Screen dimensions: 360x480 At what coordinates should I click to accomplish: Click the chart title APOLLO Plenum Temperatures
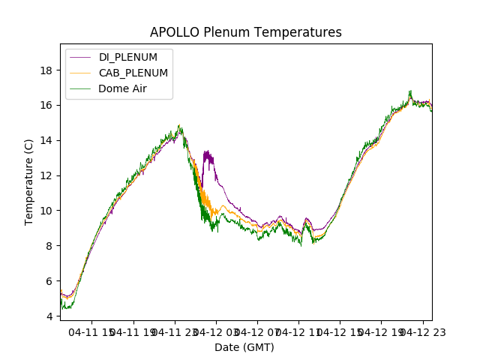(x=245, y=32)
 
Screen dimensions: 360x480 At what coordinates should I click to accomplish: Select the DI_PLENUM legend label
(x=127, y=57)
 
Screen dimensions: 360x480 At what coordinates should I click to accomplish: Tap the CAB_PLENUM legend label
(x=133, y=73)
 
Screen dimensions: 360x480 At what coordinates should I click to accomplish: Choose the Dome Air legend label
(x=123, y=88)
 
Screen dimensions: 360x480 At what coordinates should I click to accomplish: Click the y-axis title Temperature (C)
(x=29, y=181)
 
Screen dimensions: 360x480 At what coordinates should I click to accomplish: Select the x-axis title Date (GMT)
(x=244, y=347)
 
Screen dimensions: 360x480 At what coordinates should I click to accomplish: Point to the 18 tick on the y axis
(x=46, y=70)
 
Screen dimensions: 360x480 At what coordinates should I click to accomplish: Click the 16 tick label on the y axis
(x=46, y=105)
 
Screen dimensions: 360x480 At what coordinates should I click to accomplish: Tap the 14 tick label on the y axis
(x=46, y=140)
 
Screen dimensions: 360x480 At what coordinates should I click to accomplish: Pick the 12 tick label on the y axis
(x=46, y=175)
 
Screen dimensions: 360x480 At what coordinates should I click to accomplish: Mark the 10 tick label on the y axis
(x=46, y=211)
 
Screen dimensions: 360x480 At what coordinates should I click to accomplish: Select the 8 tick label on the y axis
(x=49, y=246)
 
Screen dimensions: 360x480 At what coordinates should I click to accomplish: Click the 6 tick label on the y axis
(x=49, y=281)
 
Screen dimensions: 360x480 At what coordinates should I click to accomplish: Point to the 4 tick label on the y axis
(x=49, y=316)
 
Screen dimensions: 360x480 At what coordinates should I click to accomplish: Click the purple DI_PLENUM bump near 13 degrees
(x=208, y=157)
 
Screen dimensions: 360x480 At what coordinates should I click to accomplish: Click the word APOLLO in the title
(x=175, y=32)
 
